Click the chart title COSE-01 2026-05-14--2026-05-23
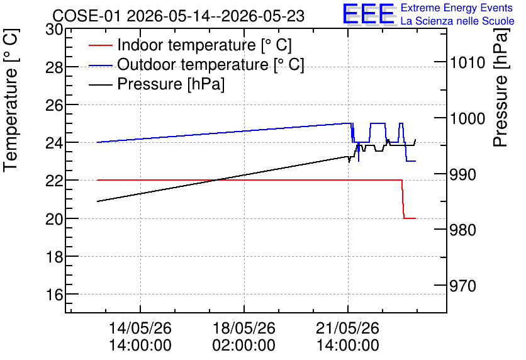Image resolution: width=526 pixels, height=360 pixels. (x=179, y=16)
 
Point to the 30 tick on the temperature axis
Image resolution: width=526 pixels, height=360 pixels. (x=54, y=30)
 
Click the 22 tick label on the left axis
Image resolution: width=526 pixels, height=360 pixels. (x=54, y=181)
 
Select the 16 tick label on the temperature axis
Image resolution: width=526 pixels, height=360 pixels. (x=54, y=295)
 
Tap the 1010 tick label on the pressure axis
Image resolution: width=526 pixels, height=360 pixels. (x=467, y=62)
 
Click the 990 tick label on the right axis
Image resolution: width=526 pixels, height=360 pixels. (x=462, y=174)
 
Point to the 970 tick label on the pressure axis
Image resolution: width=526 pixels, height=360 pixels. (x=462, y=286)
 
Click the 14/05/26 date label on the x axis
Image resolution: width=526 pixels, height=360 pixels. (x=140, y=328)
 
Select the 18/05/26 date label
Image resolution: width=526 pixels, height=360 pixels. (x=244, y=328)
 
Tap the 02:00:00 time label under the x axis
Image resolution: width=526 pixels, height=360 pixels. (x=244, y=345)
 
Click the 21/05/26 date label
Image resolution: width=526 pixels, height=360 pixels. (x=347, y=328)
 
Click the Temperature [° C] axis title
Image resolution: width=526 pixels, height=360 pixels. (x=11, y=100)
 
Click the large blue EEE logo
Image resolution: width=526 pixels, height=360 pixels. (x=369, y=14)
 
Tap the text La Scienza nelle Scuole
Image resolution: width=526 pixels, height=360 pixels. (x=457, y=21)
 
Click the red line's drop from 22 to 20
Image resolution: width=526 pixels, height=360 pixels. (x=403, y=200)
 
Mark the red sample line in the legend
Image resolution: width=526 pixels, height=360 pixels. (x=101, y=45)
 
